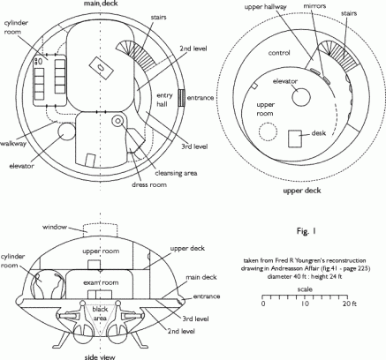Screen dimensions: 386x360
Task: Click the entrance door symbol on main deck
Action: (182, 98)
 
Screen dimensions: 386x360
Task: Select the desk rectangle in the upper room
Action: (295, 139)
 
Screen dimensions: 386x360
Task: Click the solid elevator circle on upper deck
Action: (301, 97)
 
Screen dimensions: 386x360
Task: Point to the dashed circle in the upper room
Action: (268, 131)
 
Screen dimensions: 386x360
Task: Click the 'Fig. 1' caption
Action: (307, 231)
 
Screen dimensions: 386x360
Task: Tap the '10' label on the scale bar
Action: (305, 304)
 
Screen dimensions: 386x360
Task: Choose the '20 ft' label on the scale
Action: (349, 304)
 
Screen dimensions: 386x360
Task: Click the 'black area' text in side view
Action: (100, 313)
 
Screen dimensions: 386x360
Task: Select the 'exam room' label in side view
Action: (101, 282)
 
